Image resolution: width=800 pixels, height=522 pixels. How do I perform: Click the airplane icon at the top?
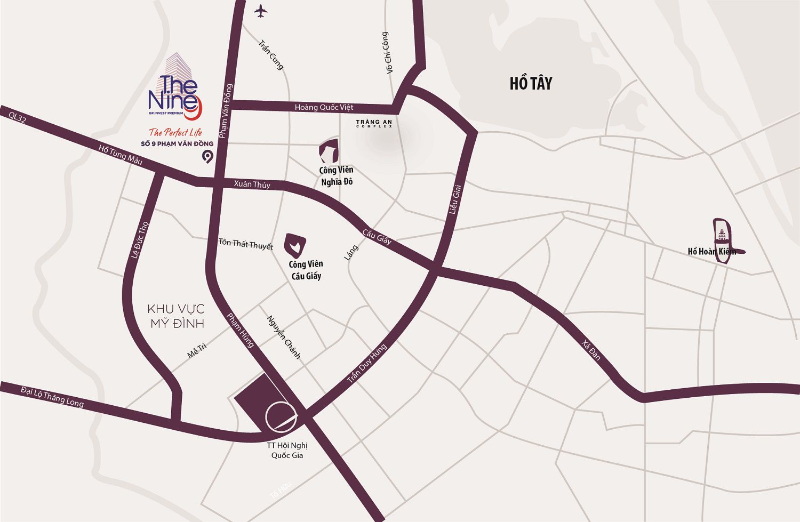click(x=260, y=10)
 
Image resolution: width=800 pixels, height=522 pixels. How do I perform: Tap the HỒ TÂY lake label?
click(x=531, y=84)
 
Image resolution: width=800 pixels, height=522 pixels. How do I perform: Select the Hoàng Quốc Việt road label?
click(x=324, y=107)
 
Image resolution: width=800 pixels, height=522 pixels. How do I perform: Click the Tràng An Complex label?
click(x=374, y=124)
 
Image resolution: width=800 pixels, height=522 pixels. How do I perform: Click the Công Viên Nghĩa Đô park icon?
click(x=329, y=150)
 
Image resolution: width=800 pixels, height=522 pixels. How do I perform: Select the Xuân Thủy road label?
click(x=252, y=184)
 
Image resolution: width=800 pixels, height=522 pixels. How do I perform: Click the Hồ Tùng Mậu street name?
click(x=121, y=154)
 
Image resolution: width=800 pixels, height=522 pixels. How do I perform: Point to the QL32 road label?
click(x=17, y=117)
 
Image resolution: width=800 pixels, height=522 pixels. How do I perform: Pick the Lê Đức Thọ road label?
click(x=140, y=241)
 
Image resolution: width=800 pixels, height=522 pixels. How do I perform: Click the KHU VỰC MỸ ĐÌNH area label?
click(x=177, y=316)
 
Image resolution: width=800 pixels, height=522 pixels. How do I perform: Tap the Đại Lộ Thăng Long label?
click(x=52, y=396)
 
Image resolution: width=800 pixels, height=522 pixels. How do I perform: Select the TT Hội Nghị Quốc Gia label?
click(x=287, y=451)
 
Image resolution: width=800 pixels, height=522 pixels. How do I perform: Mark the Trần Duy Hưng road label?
click(x=366, y=364)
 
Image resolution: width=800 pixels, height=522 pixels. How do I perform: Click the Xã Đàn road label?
click(x=591, y=350)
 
